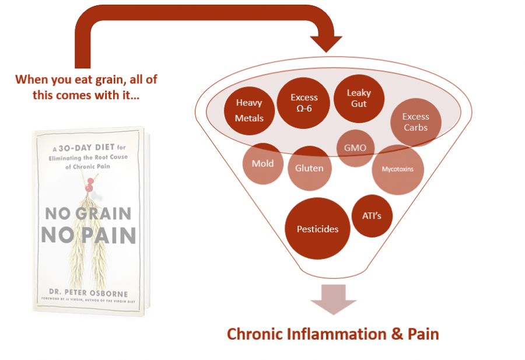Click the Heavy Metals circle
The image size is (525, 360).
click(249, 110)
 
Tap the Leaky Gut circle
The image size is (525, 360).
click(359, 99)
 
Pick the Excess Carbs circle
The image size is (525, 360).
click(415, 122)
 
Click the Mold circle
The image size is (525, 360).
click(262, 163)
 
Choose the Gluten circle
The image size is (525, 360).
click(309, 168)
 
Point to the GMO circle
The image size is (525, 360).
click(355, 148)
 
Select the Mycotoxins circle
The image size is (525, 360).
click(397, 170)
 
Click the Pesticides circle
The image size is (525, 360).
click(317, 229)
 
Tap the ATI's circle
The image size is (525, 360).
click(372, 216)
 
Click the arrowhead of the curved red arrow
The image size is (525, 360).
click(324, 43)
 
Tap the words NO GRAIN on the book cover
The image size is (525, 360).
click(89, 213)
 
